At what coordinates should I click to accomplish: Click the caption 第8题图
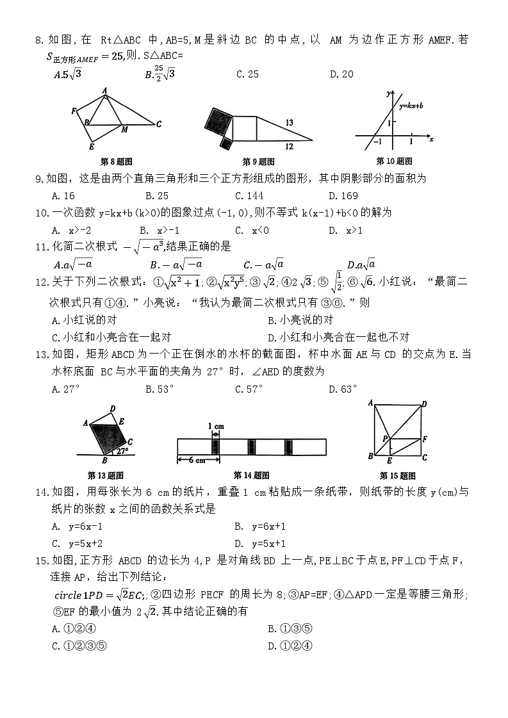[117, 161]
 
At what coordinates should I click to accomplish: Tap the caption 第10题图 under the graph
[394, 161]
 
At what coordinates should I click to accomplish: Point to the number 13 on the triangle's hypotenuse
[290, 122]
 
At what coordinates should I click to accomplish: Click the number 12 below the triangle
[290, 147]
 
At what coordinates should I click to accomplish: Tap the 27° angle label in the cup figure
[122, 450]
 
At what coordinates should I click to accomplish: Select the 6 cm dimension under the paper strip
[197, 460]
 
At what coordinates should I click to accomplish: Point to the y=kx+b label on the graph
[412, 104]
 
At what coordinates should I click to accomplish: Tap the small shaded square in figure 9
[225, 143]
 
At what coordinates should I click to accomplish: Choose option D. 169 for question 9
[343, 196]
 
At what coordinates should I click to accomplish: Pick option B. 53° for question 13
[159, 389]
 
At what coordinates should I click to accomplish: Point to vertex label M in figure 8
[124, 130]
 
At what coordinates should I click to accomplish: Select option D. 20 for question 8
[341, 74]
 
